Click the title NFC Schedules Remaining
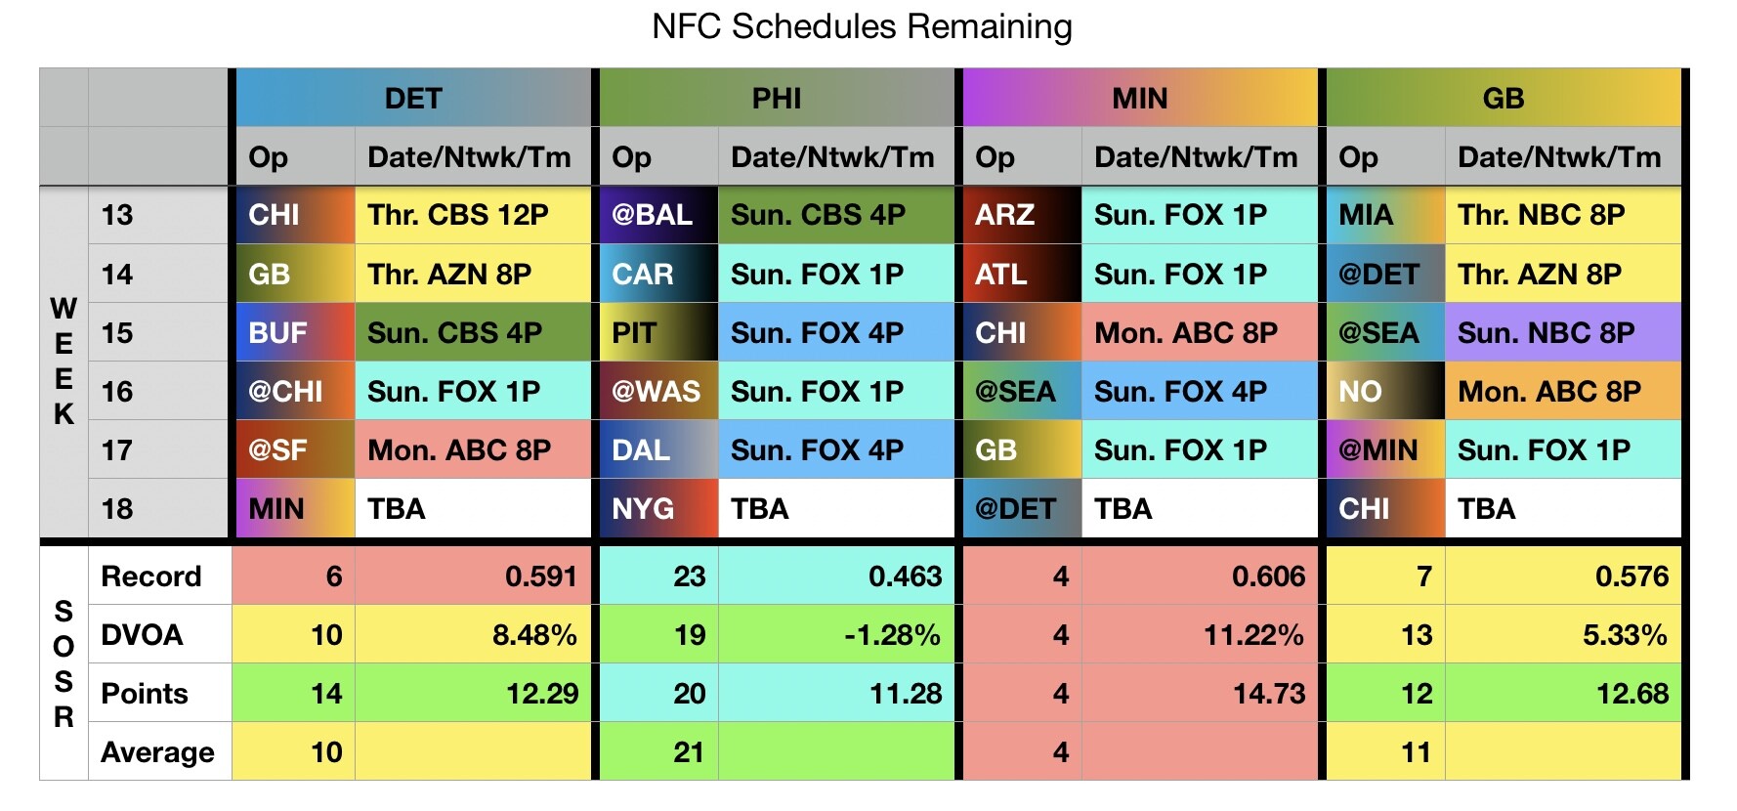click(x=862, y=26)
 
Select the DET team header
click(x=413, y=98)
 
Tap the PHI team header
click(x=777, y=98)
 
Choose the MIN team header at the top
click(x=1140, y=98)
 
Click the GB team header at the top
click(x=1503, y=98)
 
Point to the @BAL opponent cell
click(x=653, y=215)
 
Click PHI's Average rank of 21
click(x=689, y=752)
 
